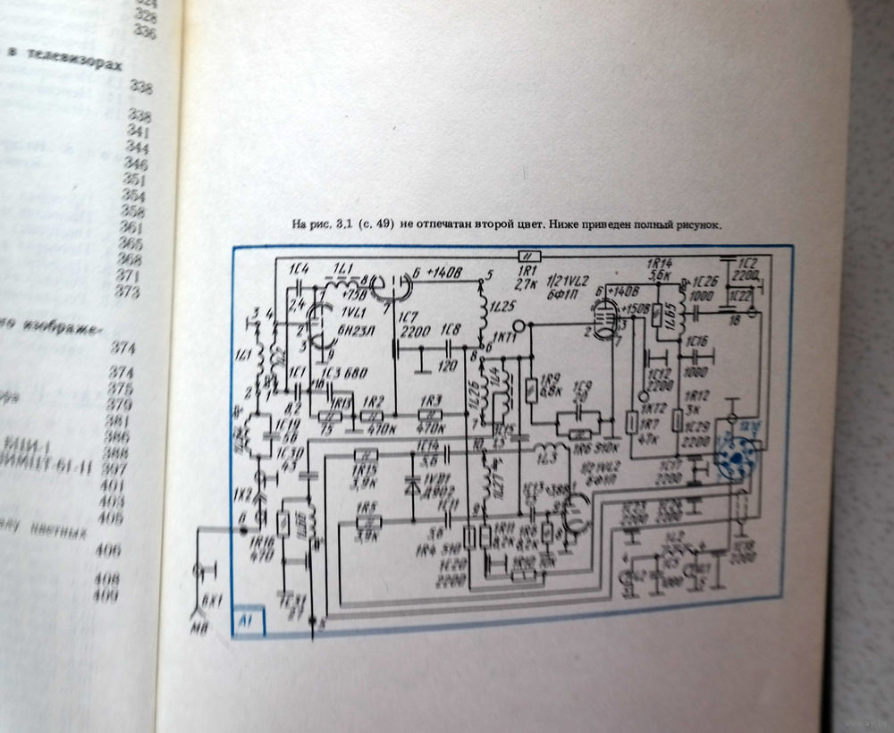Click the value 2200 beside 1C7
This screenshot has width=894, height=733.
coord(415,333)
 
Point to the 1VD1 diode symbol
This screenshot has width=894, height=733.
coord(412,488)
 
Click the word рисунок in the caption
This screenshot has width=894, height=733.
coord(696,225)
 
